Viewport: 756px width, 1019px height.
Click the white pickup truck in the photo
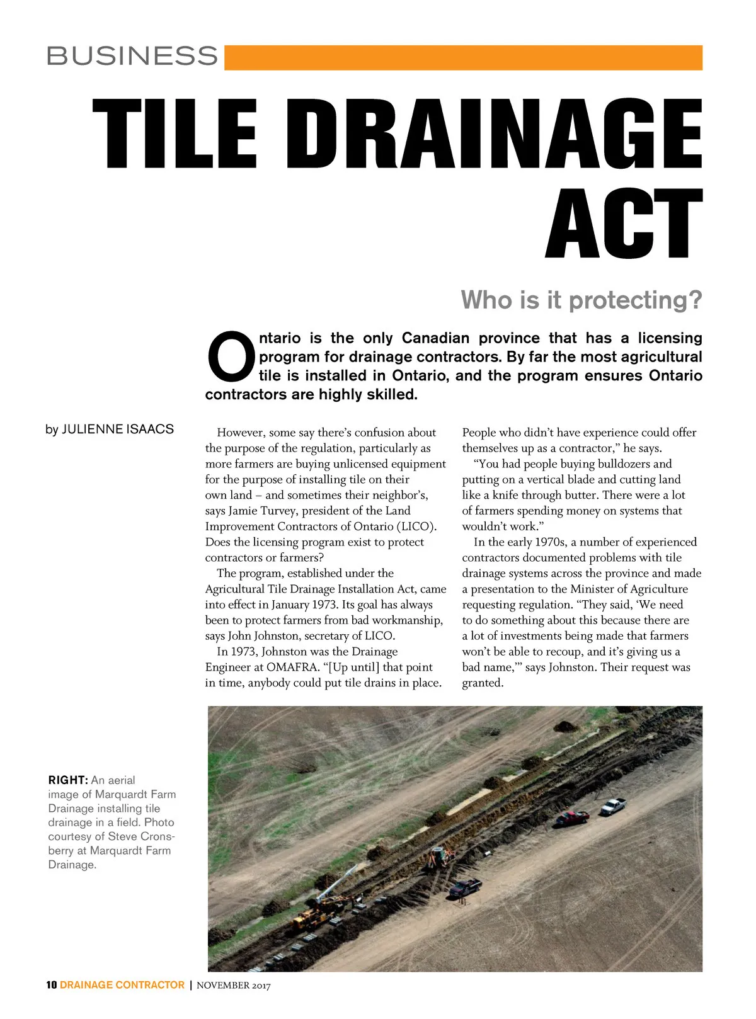[x=613, y=806]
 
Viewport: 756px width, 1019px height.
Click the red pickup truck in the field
[x=572, y=817]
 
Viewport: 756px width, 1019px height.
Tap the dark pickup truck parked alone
[x=465, y=888]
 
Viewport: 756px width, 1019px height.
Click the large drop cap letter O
[x=231, y=356]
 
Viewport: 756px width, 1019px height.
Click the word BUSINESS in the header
[x=132, y=56]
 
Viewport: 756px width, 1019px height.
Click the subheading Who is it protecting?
[x=581, y=300]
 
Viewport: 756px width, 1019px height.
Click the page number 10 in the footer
[x=52, y=985]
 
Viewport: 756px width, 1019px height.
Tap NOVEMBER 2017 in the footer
[x=234, y=986]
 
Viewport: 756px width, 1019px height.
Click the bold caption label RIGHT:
[x=67, y=780]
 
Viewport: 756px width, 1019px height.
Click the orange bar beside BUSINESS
[x=463, y=57]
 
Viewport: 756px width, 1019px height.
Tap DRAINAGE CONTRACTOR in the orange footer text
[x=122, y=985]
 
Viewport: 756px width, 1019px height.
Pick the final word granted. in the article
[x=483, y=683]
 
